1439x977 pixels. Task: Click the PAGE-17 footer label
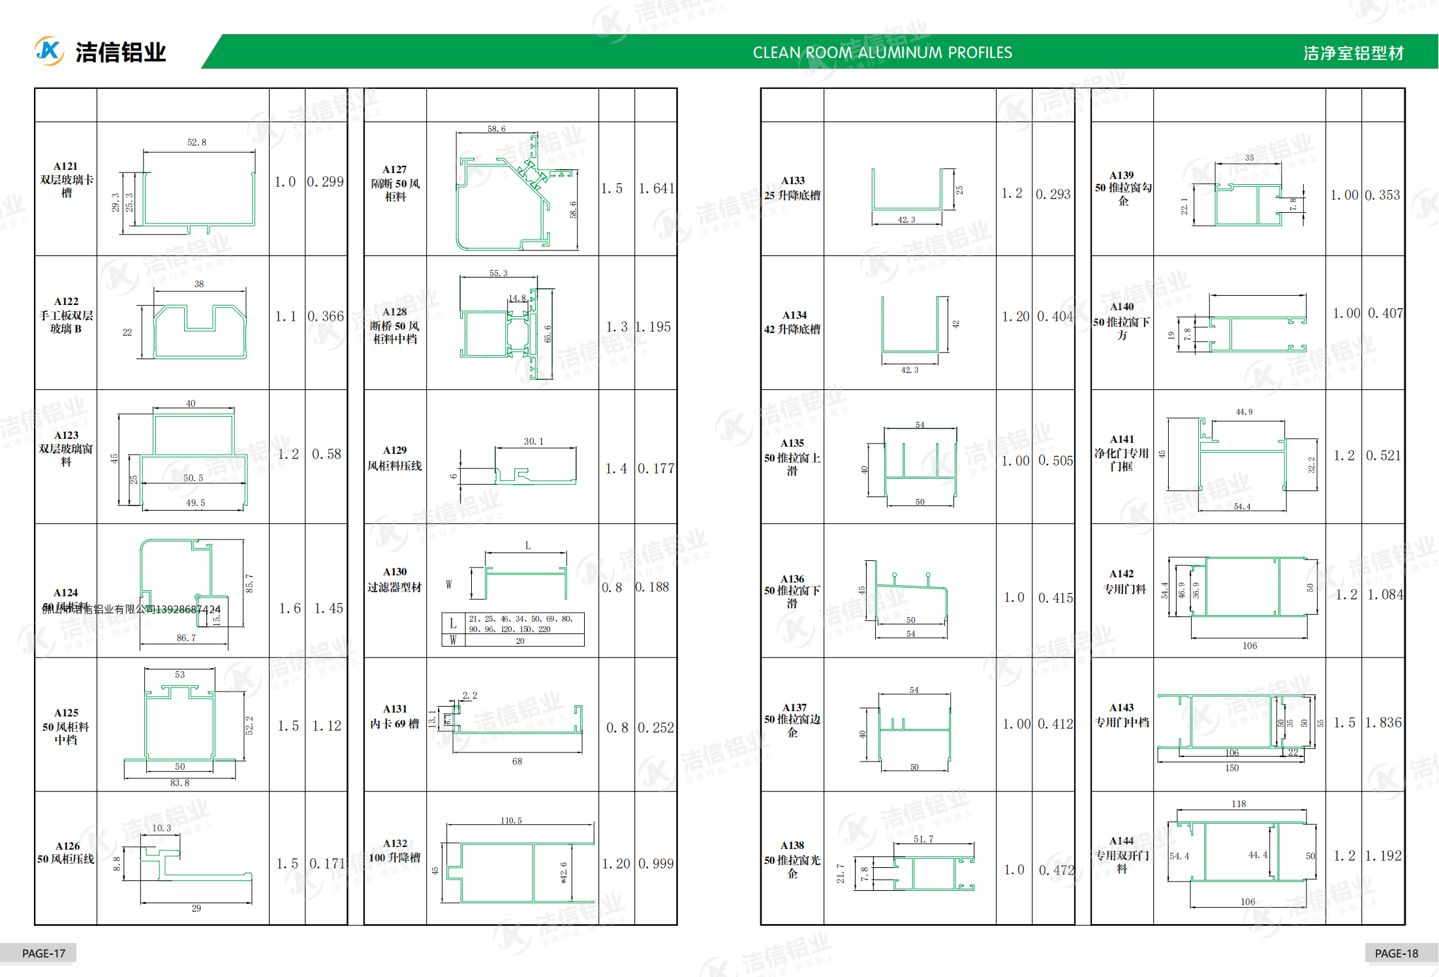[44, 953]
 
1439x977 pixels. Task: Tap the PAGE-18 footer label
[1396, 953]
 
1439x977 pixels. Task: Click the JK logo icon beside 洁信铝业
[49, 51]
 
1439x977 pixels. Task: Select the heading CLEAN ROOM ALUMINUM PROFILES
[882, 53]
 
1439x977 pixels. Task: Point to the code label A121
[66, 167]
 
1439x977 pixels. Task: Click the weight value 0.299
[325, 182]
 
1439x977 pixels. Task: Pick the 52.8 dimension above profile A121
[196, 142]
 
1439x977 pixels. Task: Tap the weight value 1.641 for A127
[656, 189]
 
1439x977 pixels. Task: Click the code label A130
[395, 571]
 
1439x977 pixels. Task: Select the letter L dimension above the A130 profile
[527, 545]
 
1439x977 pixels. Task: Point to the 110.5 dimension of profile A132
[511, 820]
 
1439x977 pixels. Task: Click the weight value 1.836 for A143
[1384, 722]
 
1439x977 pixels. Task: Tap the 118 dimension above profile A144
[1238, 804]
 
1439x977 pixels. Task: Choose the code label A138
[792, 845]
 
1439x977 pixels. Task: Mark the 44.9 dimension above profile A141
[1244, 412]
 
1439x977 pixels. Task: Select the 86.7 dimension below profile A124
[186, 637]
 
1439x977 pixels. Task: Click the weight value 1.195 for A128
[653, 327]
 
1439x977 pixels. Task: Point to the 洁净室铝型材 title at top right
[1354, 53]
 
